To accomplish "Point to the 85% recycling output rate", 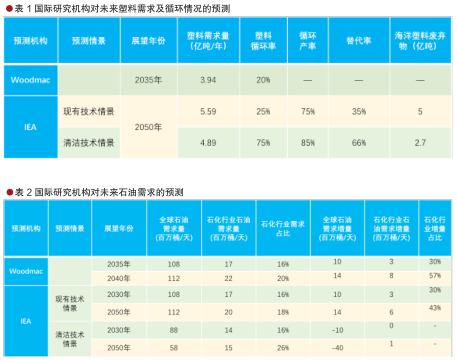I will [308, 143].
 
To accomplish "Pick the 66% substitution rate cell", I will [357, 143].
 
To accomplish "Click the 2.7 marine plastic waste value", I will [419, 143].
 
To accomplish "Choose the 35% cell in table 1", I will [357, 111].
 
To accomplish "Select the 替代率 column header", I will [357, 44].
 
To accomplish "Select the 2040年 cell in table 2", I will [119, 278].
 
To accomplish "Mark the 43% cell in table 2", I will [434, 307].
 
